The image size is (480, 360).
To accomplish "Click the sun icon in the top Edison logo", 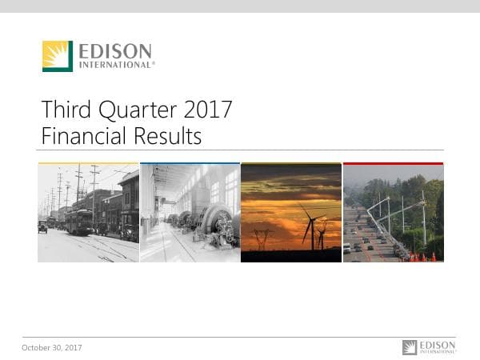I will click(58, 56).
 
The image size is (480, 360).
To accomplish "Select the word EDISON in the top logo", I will click(115, 52).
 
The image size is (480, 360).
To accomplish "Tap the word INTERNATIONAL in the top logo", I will click(115, 65).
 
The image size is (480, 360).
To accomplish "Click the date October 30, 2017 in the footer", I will click(52, 347).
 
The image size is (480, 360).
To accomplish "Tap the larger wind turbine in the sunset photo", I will click(310, 223).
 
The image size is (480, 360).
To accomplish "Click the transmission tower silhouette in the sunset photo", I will click(261, 238).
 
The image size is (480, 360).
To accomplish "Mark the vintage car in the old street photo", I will click(42, 227).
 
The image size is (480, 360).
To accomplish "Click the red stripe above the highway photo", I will click(393, 163).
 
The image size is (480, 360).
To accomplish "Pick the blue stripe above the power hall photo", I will click(190, 163).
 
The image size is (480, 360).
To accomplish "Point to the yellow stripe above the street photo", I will click(88, 163).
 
